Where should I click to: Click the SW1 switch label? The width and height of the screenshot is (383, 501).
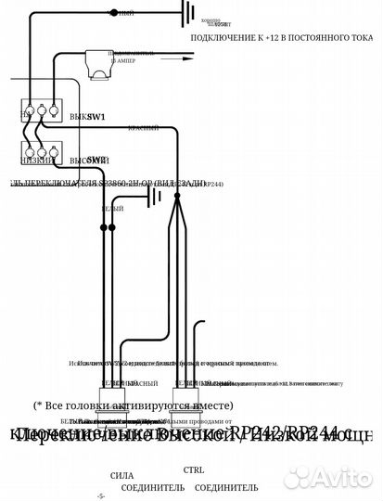pyautogui.click(x=96, y=118)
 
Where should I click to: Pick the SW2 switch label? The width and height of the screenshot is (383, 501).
pyautogui.click(x=96, y=159)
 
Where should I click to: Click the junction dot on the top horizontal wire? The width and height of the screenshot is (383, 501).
pyautogui.click(x=114, y=13)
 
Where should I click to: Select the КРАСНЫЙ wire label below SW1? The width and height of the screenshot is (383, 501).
pyautogui.click(x=142, y=129)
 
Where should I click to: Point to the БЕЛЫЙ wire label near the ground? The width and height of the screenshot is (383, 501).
pyautogui.click(x=112, y=211)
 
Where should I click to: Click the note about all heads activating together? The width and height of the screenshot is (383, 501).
pyautogui.click(x=134, y=405)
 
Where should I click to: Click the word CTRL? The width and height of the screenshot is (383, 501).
pyautogui.click(x=194, y=469)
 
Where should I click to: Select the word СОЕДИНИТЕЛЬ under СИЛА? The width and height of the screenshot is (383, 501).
pyautogui.click(x=134, y=487)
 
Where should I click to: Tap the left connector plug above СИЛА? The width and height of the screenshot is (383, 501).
pyautogui.click(x=118, y=417)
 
